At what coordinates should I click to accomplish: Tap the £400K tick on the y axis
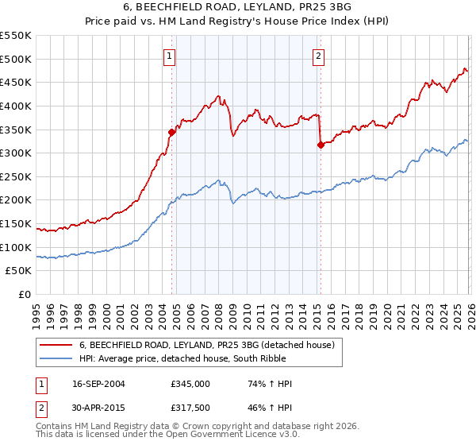(17, 106)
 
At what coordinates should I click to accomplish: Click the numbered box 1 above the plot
(171, 56)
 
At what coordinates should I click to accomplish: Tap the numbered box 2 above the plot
(318, 56)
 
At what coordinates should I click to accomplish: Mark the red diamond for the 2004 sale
(171, 132)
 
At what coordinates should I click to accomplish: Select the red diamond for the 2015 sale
(321, 145)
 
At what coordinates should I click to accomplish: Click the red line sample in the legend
(56, 346)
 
